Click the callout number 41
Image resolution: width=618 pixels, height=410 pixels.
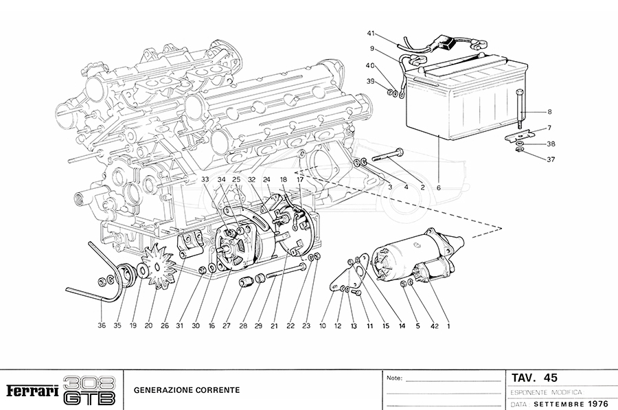[x=371, y=34]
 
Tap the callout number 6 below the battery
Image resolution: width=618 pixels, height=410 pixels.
[x=438, y=187]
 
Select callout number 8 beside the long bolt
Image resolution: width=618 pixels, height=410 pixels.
[x=549, y=111]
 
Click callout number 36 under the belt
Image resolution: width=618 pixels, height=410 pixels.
[x=102, y=326]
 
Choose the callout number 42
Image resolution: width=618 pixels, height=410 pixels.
[x=433, y=326]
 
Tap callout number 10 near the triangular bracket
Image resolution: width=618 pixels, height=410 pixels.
[x=323, y=326]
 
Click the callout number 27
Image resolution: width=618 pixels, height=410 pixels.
[x=227, y=326]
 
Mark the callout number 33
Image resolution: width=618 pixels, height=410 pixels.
[x=205, y=179]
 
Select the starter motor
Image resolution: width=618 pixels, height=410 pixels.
[x=412, y=258]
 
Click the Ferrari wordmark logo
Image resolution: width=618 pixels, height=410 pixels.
[x=32, y=391]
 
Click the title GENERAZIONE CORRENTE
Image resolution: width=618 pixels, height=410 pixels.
[x=186, y=390]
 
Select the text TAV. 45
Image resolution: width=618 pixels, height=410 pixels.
[x=534, y=378]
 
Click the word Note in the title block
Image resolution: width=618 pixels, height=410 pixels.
[x=393, y=378]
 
